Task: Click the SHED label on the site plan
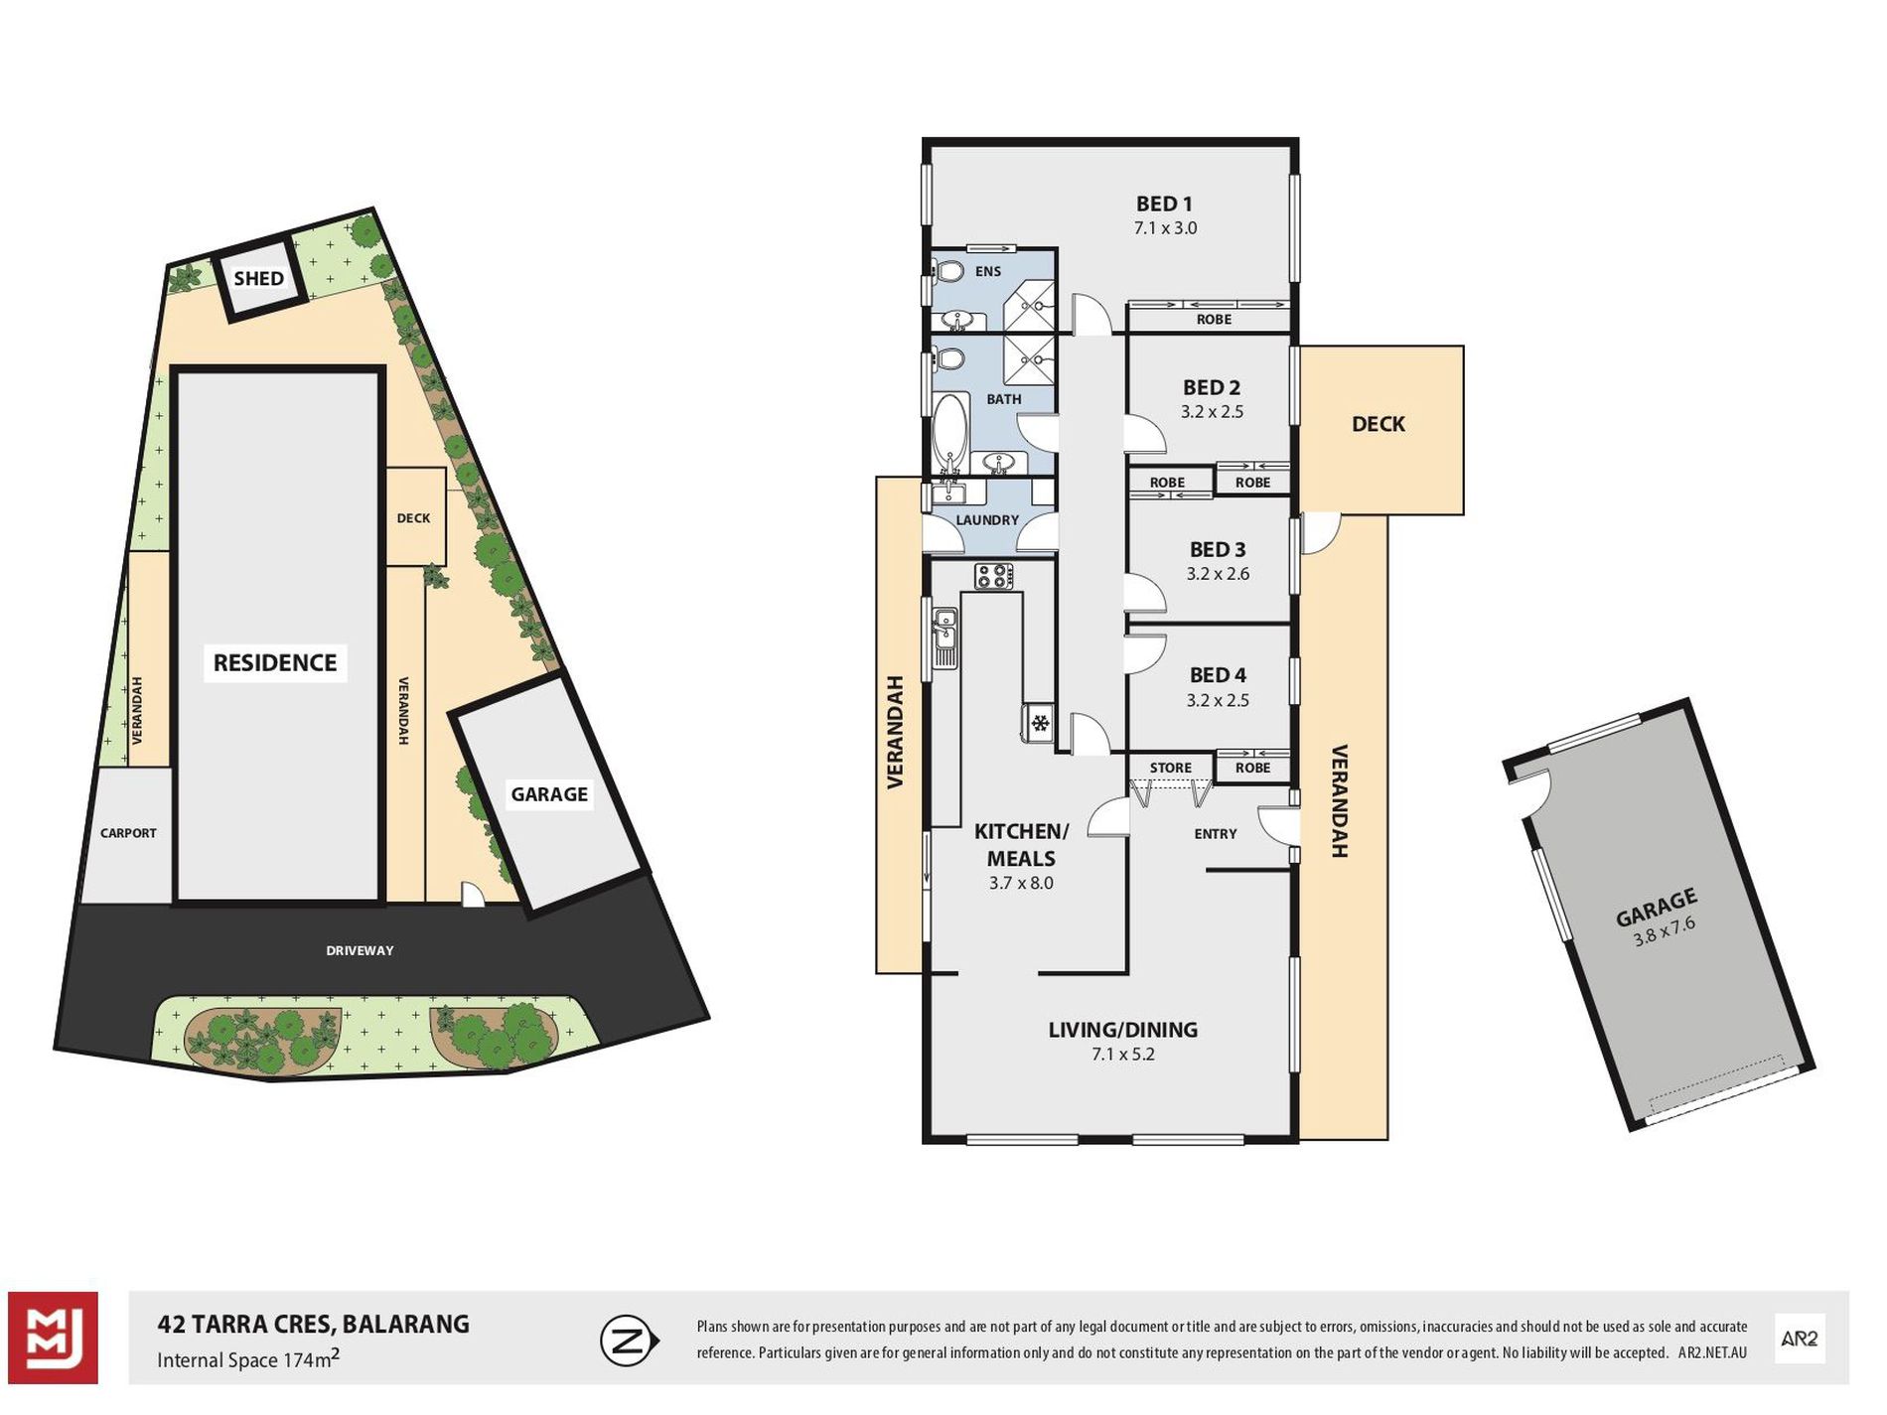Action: click(x=258, y=279)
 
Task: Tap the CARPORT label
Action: click(x=128, y=833)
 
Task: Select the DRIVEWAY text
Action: click(x=360, y=950)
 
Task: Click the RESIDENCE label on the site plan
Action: click(x=275, y=662)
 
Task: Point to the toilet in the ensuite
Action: click(x=947, y=270)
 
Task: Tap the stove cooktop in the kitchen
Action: click(x=993, y=576)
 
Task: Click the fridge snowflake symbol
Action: click(x=1040, y=723)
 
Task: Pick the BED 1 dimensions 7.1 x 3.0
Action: click(x=1165, y=228)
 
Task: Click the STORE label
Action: click(x=1171, y=768)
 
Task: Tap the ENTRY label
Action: click(x=1216, y=834)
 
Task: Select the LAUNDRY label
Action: click(x=987, y=520)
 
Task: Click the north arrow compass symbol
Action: click(x=629, y=1341)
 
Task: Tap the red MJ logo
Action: click(x=53, y=1338)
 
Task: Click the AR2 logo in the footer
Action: click(x=1799, y=1339)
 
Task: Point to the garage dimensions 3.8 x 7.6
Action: click(x=1665, y=931)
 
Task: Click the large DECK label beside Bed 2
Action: click(x=1379, y=424)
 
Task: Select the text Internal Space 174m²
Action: click(x=248, y=1358)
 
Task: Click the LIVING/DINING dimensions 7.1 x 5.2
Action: click(x=1123, y=1055)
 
